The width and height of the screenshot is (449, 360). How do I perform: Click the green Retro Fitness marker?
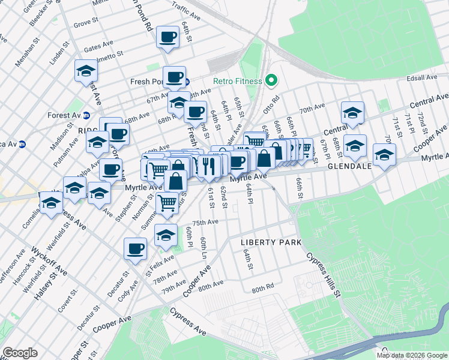[271, 80]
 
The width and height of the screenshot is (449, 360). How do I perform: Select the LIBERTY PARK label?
[270, 242]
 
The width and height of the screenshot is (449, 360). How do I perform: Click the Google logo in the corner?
[20, 353]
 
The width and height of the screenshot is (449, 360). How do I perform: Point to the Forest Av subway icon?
[86, 115]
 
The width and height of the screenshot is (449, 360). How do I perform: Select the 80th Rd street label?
[262, 289]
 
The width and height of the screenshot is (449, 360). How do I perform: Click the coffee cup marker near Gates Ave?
[167, 37]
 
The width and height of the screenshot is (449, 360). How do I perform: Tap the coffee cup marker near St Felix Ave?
[136, 247]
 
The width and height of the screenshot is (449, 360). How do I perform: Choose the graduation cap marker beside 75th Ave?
[166, 234]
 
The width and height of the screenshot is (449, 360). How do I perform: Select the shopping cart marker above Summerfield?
[167, 202]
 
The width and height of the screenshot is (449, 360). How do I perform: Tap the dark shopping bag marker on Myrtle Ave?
[264, 158]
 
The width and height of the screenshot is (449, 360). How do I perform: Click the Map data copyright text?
[411, 355]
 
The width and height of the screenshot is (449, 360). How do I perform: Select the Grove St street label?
[85, 25]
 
